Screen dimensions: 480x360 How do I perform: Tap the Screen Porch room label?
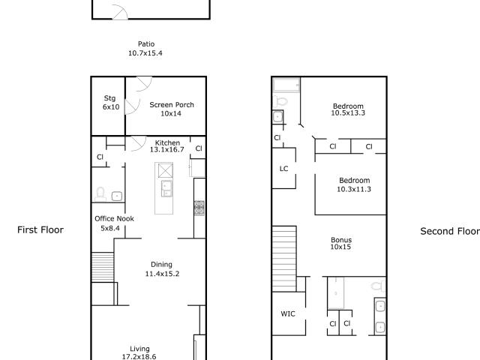(172, 109)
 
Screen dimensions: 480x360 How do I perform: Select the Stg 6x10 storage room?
(108, 106)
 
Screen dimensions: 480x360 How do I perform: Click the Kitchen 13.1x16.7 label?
(167, 146)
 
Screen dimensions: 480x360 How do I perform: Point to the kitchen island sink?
(166, 188)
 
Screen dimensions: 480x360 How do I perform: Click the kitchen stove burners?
(199, 208)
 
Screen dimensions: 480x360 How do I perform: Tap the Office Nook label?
(114, 218)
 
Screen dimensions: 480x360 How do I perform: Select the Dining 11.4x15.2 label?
(162, 268)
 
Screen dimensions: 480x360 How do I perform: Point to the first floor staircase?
(103, 267)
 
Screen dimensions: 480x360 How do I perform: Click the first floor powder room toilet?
(100, 194)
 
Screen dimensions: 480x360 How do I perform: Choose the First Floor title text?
(40, 230)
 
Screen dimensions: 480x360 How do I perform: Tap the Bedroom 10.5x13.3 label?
(348, 109)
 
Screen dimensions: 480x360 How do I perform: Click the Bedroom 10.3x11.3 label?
(354, 184)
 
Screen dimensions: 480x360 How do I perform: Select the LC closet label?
(283, 169)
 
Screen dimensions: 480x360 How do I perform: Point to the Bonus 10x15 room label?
(340, 243)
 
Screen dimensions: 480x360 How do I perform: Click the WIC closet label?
(288, 313)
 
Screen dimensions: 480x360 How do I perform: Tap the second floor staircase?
(284, 259)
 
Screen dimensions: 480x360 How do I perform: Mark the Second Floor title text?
(450, 231)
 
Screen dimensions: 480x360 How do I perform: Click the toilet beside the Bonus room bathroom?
(378, 285)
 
